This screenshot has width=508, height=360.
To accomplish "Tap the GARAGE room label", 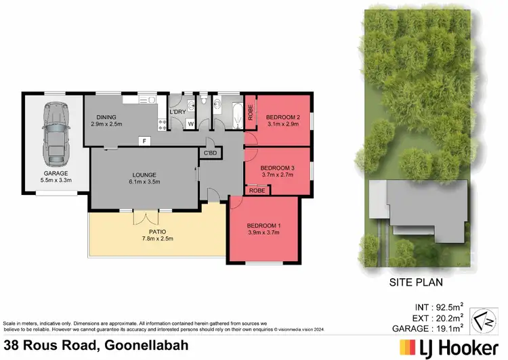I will point(55,173).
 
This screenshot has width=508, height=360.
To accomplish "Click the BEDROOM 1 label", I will point(262,225).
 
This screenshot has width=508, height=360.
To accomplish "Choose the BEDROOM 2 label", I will point(283,116).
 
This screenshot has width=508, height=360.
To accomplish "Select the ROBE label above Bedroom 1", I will point(257,190).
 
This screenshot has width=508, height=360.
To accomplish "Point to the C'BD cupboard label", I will point(209,153).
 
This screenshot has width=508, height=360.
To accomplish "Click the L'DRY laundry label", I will point(178,112).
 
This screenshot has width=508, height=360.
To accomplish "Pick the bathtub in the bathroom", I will point(235,115).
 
